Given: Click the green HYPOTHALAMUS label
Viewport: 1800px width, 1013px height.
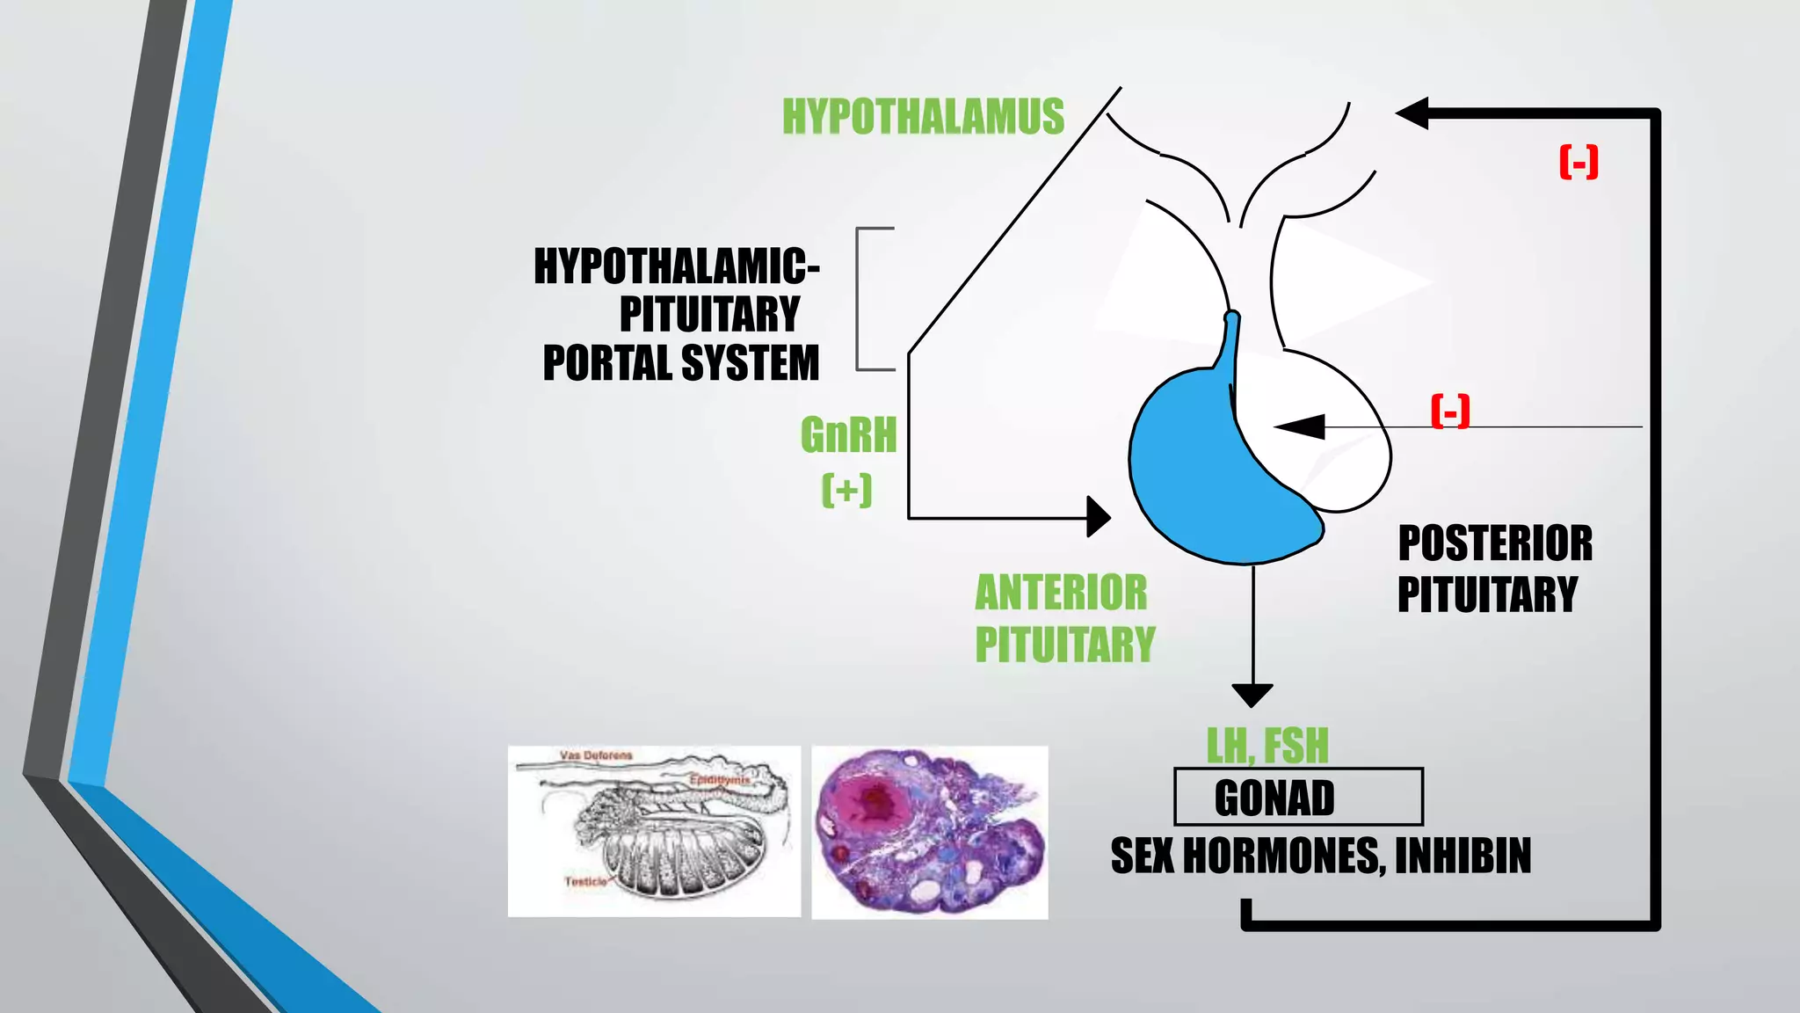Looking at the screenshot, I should click(923, 117).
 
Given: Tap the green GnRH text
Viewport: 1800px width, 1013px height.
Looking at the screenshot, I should click(848, 434).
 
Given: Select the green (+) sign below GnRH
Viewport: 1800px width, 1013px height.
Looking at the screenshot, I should click(847, 490).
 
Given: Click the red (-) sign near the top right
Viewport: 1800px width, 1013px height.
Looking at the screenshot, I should click(1579, 162).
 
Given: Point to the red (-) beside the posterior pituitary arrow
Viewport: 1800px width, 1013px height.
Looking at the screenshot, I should click(1450, 411).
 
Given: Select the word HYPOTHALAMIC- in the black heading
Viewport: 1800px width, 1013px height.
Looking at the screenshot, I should click(677, 266).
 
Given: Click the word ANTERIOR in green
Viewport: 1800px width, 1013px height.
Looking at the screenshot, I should click(1061, 593).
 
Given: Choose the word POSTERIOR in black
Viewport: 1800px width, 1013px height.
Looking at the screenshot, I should click(1495, 543).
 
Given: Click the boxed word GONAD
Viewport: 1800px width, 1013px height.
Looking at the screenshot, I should click(1274, 798).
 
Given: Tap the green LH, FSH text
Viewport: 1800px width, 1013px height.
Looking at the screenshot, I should click(1267, 746).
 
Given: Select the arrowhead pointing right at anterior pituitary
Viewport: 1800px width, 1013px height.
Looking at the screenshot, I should click(1099, 517).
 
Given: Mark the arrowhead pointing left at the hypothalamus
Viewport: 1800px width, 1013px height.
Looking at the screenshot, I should click(1412, 113).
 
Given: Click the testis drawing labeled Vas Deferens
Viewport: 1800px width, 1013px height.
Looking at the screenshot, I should click(654, 831).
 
